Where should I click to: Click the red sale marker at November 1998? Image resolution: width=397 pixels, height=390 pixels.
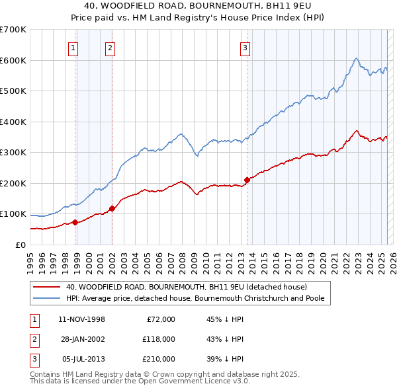point(75,222)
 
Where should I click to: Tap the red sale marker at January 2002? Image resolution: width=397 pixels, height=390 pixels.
point(112,208)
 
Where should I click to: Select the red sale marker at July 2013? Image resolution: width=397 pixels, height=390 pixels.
point(247,180)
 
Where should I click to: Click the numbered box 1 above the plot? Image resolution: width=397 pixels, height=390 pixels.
point(72,47)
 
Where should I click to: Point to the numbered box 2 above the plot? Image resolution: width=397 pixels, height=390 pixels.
point(110,47)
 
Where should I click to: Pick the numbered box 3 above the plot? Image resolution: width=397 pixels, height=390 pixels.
point(245,47)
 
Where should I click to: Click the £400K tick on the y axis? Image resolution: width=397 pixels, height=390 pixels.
point(13,122)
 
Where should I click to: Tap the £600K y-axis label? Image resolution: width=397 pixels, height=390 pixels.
point(13,60)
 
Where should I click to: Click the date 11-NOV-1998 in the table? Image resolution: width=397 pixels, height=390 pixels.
point(82,319)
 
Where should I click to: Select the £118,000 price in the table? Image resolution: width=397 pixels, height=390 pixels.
point(157,339)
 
